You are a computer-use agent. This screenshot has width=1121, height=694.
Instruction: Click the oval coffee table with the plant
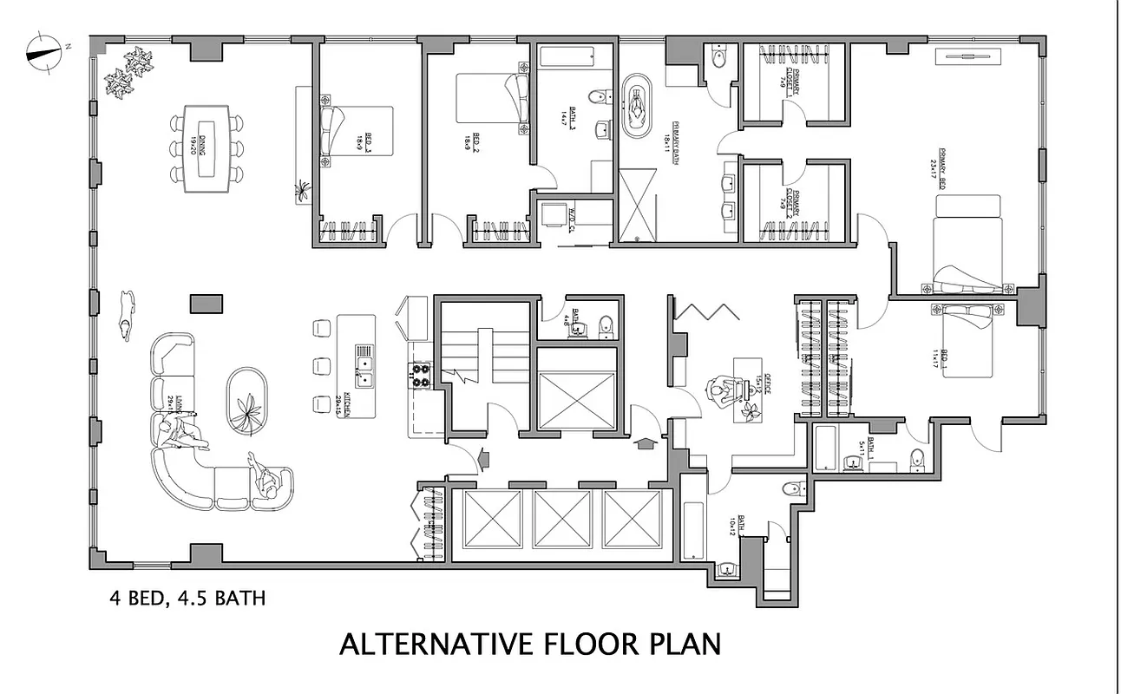[249, 399]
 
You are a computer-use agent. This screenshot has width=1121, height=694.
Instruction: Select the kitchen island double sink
[364, 366]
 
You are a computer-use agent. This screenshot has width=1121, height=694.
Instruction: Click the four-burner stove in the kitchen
[421, 376]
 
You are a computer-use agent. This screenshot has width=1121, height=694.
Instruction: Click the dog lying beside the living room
[128, 313]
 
